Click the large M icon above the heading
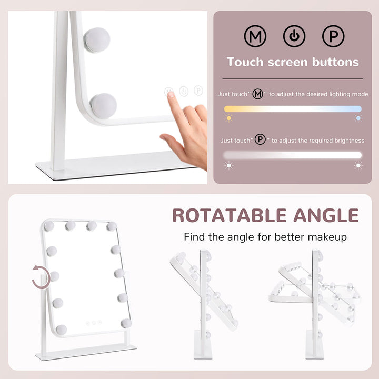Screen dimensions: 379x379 point(255,36)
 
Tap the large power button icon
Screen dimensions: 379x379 point(294,36)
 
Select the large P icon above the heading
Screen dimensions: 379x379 point(333,36)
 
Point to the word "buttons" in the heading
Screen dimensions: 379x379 point(335,62)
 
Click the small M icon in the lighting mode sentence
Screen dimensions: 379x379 point(257,94)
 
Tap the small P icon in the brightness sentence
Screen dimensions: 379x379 point(260,139)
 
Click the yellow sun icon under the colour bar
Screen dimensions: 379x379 point(228,118)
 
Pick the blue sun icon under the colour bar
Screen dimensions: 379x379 point(358,118)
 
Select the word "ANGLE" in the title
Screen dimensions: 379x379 point(326,215)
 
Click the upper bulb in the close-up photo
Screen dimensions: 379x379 point(97,40)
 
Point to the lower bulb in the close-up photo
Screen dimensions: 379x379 point(104,106)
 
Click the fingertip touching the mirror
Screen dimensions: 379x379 point(170,94)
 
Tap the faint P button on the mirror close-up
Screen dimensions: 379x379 point(198,91)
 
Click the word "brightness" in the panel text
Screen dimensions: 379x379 point(350,141)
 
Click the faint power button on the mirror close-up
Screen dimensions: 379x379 point(184,92)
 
